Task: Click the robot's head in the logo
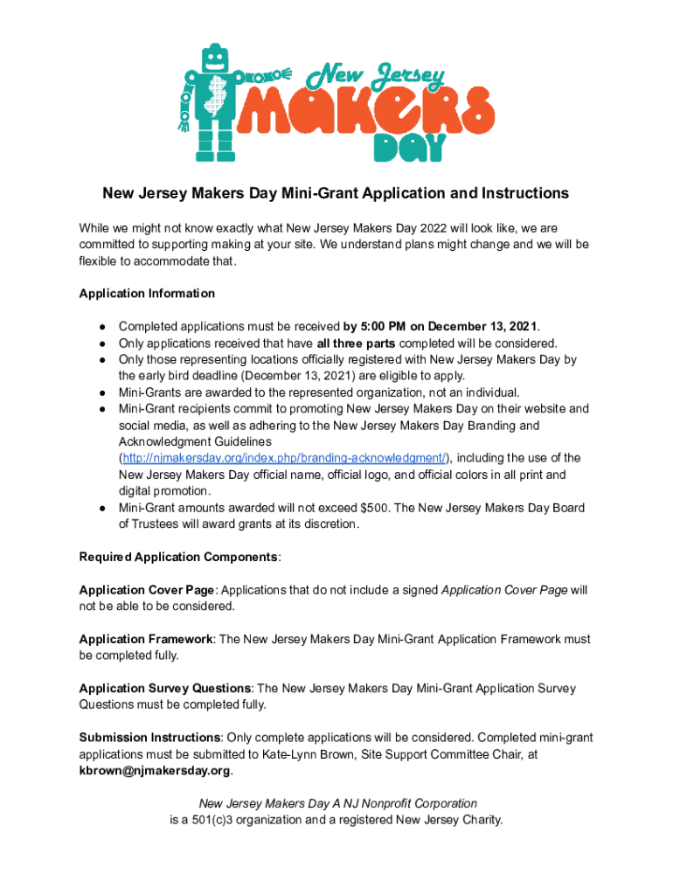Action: [x=214, y=60]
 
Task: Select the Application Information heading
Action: [x=147, y=293]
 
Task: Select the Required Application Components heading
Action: [x=179, y=557]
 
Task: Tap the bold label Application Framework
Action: [x=146, y=639]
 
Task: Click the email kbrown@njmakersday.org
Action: [x=155, y=771]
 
